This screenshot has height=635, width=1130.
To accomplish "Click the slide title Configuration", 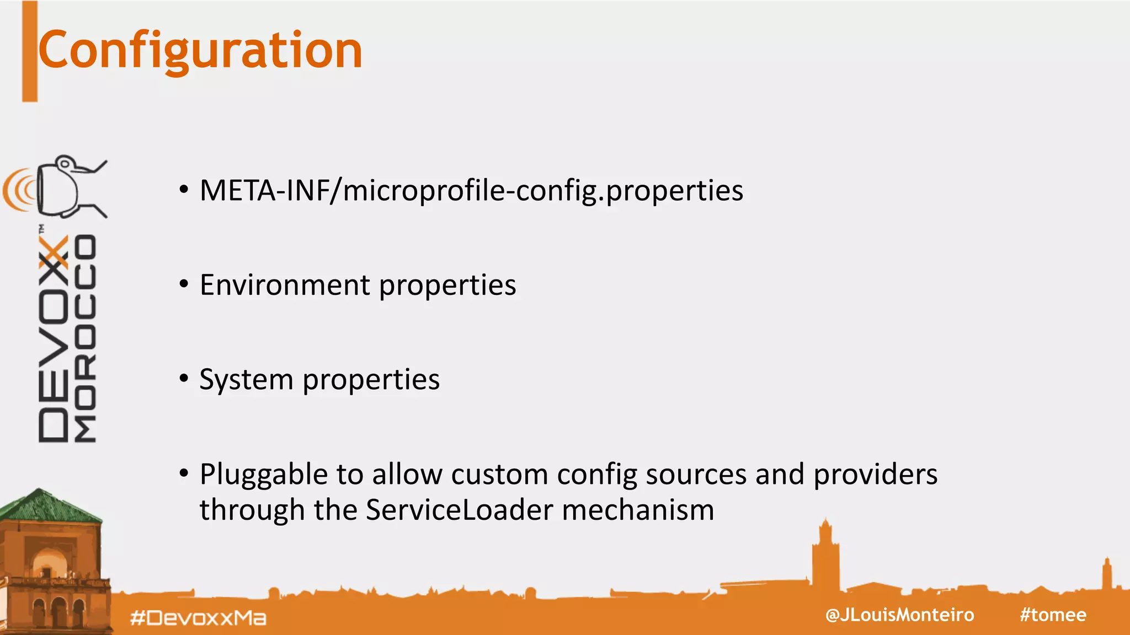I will [x=200, y=51].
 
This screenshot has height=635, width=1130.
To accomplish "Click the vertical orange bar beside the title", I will [x=30, y=51].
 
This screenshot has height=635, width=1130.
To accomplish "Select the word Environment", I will [x=285, y=286].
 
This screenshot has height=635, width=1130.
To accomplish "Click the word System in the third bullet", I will [x=246, y=380].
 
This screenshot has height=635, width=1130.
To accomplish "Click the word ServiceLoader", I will [x=459, y=510].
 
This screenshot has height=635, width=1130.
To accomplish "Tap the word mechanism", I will [x=638, y=510].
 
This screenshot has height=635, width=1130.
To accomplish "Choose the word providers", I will [x=875, y=475].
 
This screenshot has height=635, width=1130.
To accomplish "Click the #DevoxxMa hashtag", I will [x=198, y=618].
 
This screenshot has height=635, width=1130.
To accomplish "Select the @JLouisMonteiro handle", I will [x=899, y=615].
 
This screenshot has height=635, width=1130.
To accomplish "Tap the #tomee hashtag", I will [x=1053, y=615].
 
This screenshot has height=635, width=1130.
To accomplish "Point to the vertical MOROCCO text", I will [x=86, y=339].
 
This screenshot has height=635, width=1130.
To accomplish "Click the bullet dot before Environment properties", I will [x=184, y=284].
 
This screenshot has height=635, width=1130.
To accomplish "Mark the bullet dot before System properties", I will [x=184, y=379].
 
